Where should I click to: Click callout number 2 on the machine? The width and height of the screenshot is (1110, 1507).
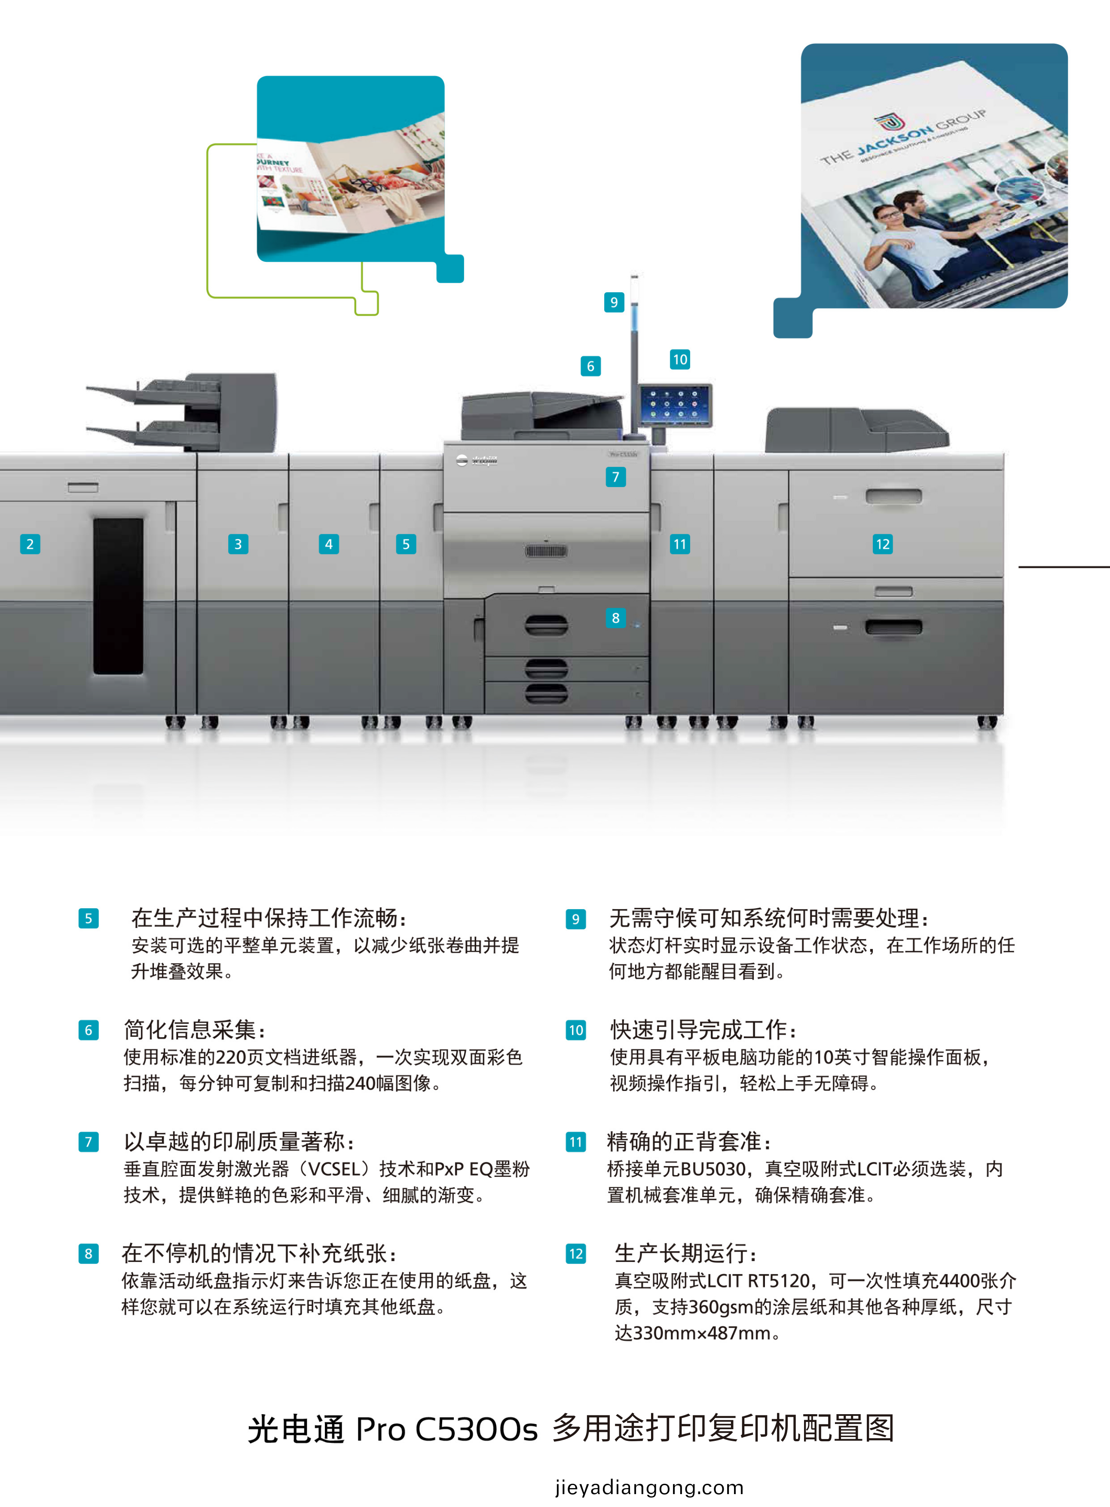(x=30, y=544)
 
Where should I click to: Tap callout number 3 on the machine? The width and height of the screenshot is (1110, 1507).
(x=238, y=544)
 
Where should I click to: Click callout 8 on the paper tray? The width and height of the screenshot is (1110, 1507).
(x=615, y=618)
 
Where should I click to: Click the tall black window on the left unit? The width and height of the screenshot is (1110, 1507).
(x=118, y=596)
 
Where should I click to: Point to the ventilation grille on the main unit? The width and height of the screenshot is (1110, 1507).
(x=546, y=551)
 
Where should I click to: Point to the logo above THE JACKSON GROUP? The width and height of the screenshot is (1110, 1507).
(x=890, y=122)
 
